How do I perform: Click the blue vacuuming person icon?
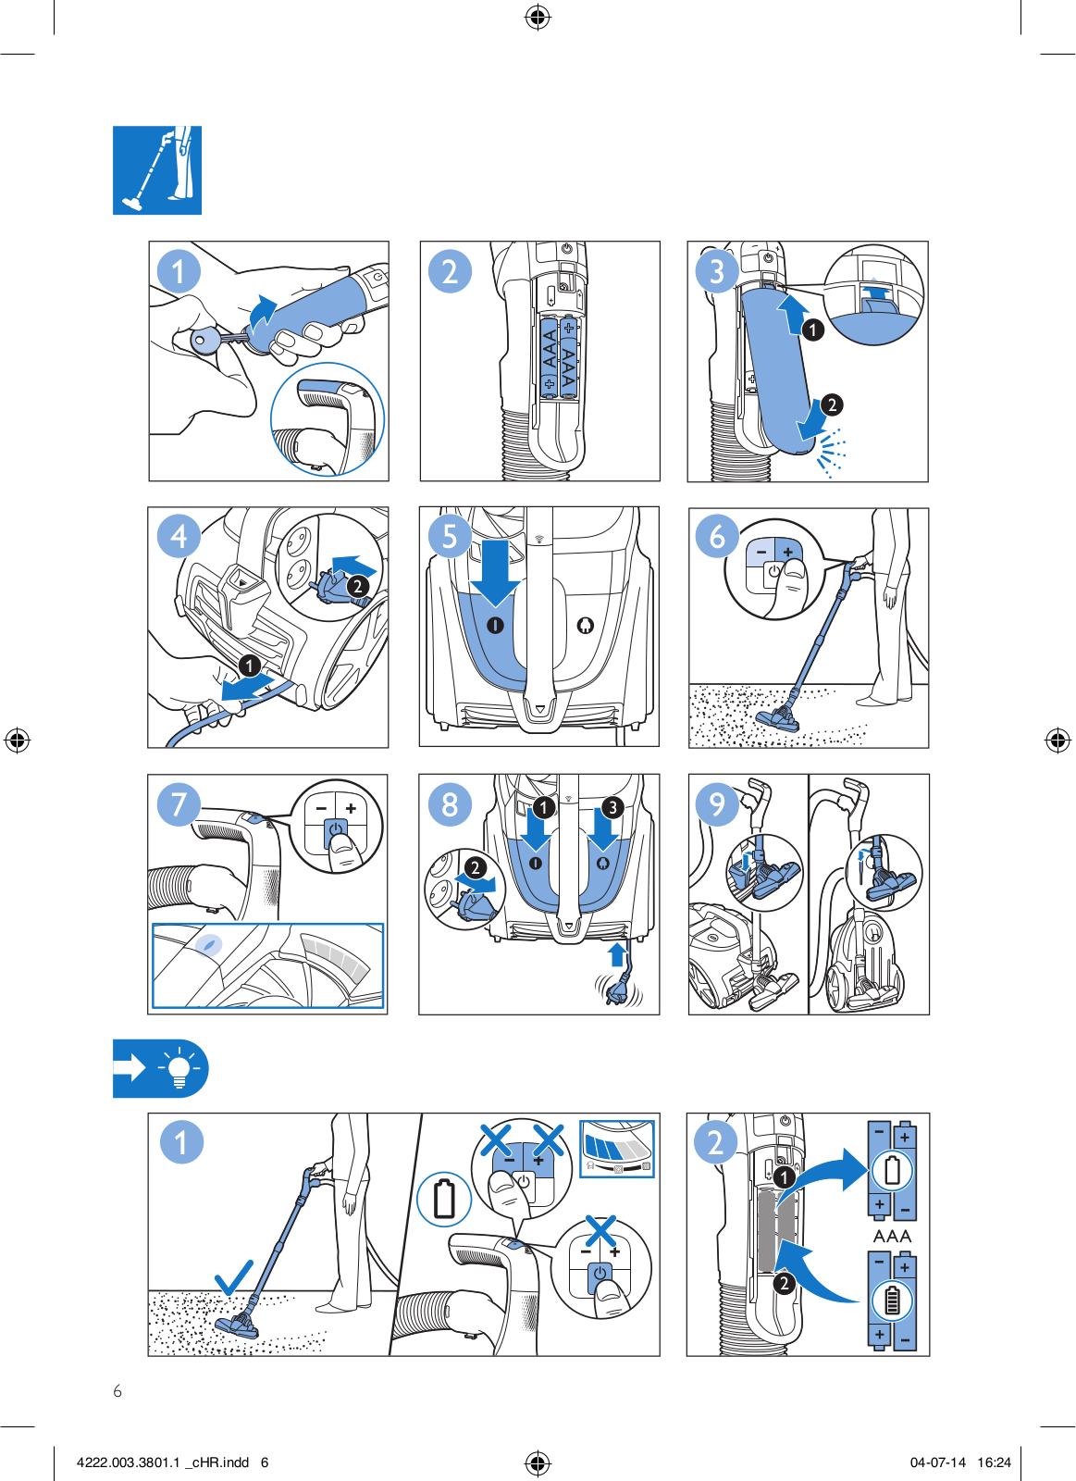click(x=157, y=170)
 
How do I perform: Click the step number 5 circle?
click(x=450, y=536)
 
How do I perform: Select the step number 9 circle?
click(x=717, y=804)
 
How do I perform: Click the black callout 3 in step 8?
click(x=612, y=807)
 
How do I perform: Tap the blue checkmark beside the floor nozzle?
click(x=233, y=1277)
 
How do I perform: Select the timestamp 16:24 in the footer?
click(x=994, y=1462)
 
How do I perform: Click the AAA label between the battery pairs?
click(x=892, y=1235)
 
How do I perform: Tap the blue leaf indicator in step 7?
click(x=209, y=945)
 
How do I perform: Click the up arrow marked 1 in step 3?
click(x=792, y=314)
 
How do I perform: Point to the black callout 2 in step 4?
click(x=357, y=586)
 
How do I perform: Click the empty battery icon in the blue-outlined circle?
click(x=444, y=1199)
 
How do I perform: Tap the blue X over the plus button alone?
click(x=600, y=1231)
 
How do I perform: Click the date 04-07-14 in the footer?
click(x=938, y=1462)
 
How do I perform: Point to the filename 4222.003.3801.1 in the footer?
click(x=129, y=1462)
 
